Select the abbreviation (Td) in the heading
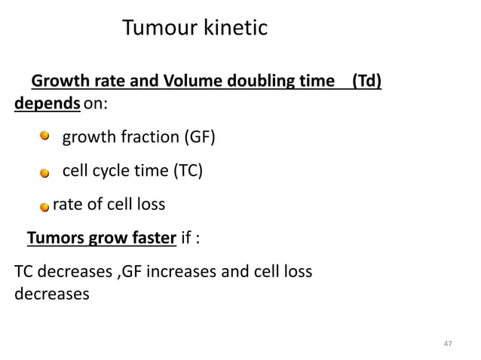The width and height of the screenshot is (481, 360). (x=366, y=81)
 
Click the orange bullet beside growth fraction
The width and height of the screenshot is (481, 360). (x=45, y=136)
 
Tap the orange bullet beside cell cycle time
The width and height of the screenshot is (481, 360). (x=45, y=173)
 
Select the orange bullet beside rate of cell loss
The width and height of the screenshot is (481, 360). (x=45, y=206)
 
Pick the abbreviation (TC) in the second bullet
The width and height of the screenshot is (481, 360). (x=188, y=171)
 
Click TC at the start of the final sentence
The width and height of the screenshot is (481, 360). (x=24, y=272)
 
